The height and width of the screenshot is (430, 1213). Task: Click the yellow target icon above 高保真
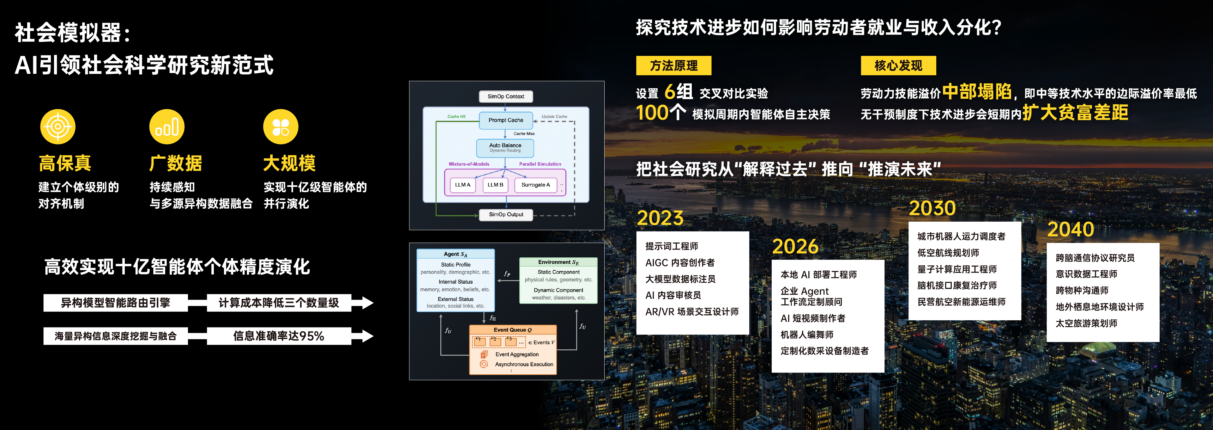coord(58,126)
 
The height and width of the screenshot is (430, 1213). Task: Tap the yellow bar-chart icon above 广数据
coord(167,126)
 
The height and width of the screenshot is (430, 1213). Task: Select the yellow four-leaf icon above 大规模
coord(281,126)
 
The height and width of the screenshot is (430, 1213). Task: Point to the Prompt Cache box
coord(506,120)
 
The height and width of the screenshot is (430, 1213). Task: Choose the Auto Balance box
coord(505,148)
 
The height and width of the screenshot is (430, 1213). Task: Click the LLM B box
coord(495,185)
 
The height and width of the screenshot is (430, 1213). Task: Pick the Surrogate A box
coord(536,185)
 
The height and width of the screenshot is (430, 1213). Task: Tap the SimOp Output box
coord(506,215)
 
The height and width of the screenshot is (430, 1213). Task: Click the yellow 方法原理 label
coord(673,65)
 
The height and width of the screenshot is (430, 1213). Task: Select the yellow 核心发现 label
coord(898,65)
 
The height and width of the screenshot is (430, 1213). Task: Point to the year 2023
coord(660,218)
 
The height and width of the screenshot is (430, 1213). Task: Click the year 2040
coord(1070,230)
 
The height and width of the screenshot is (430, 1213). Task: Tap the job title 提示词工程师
coord(672,246)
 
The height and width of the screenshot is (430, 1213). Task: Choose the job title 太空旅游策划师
coord(1086,323)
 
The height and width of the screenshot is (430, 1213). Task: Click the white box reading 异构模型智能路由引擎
coord(115,303)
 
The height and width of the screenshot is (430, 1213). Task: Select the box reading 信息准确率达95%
coord(279,336)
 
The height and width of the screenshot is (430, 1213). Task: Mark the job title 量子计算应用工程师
coord(957,269)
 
